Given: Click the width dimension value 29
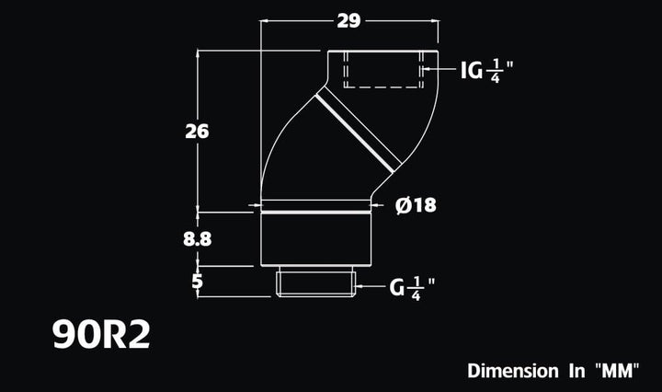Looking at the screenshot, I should (348, 21).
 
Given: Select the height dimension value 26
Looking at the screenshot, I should (197, 131).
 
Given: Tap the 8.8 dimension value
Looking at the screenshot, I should (198, 238).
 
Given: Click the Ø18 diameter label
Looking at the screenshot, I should (416, 205).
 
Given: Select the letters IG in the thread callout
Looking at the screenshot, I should (471, 69).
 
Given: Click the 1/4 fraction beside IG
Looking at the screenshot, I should (496, 69).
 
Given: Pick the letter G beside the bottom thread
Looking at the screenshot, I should (397, 288).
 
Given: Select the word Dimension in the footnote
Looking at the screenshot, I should (512, 372).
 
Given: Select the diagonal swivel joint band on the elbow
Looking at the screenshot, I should (360, 131).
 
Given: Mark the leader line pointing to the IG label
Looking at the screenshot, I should (445, 69).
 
